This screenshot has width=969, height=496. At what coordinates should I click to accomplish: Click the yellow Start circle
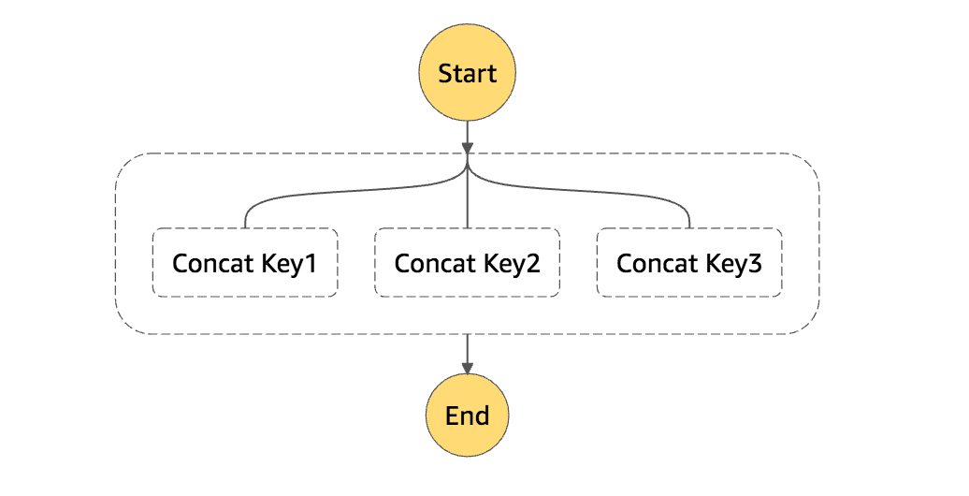(467, 73)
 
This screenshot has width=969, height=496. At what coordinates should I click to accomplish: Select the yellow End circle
(467, 415)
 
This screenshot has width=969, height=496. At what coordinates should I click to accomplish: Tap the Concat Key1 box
(244, 263)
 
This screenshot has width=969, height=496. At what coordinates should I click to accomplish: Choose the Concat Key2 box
(467, 263)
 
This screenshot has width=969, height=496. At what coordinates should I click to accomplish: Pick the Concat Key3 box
(689, 263)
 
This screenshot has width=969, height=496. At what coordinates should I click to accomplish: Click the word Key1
(290, 264)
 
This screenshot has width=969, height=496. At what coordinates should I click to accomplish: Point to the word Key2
(513, 264)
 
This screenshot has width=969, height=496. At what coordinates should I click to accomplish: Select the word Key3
(735, 264)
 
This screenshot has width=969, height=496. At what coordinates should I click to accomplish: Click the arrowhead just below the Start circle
(467, 148)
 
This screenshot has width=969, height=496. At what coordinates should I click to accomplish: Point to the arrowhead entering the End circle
(467, 367)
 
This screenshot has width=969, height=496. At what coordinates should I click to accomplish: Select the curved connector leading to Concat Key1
(309, 194)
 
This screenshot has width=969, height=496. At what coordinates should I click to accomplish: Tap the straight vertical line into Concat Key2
(467, 201)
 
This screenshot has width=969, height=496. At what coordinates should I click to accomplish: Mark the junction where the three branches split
(467, 168)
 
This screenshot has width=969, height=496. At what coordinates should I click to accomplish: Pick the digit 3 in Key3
(755, 264)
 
